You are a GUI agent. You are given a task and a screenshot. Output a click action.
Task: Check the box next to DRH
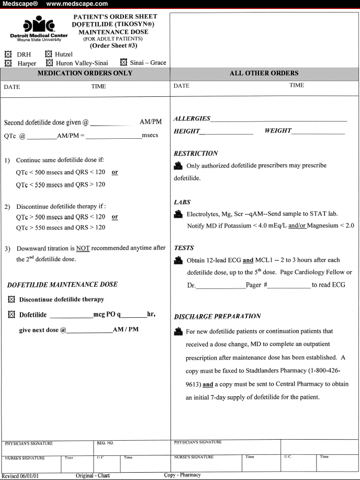pos(7,54)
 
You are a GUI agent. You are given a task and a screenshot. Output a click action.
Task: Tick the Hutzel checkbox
pos(49,54)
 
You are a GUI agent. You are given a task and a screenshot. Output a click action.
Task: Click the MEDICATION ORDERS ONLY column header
pos(85,73)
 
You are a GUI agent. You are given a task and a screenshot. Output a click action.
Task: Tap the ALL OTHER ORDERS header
pos(264,73)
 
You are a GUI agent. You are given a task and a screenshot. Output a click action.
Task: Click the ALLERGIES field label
pos(192,119)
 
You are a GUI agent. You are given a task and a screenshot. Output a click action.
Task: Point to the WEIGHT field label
pos(278,130)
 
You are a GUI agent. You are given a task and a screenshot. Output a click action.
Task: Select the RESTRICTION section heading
pos(196,153)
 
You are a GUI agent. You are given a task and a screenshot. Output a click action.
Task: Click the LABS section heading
pos(183,202)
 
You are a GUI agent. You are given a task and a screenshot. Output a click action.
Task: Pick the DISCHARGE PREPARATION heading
pos(217,316)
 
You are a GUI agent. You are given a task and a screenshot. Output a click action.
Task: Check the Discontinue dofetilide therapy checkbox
pos(12,299)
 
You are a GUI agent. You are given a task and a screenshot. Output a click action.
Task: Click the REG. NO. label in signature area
pos(105,443)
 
